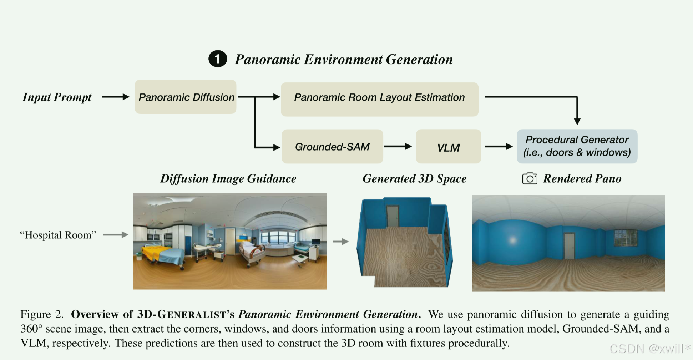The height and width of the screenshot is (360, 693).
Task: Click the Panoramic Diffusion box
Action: (x=186, y=97)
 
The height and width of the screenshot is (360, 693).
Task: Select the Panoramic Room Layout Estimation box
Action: (x=379, y=99)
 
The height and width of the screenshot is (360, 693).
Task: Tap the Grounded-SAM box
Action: (x=332, y=147)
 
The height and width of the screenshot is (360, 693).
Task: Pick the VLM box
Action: (x=448, y=147)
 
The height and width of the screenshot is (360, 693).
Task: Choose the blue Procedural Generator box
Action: (x=577, y=146)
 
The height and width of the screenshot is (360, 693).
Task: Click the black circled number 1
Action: (x=218, y=59)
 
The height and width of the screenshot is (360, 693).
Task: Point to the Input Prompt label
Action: (x=57, y=97)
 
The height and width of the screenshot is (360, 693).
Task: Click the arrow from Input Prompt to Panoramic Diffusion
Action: (x=115, y=97)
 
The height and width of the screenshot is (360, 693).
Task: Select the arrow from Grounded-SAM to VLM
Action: (x=398, y=146)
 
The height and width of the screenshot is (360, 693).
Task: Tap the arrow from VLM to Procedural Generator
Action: (x=499, y=146)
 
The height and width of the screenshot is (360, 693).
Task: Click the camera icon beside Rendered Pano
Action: (x=530, y=178)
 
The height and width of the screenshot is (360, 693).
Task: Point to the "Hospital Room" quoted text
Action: (x=58, y=235)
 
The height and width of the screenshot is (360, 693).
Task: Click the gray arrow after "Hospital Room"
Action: (x=115, y=234)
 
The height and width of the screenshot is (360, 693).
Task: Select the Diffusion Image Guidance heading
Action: (x=228, y=178)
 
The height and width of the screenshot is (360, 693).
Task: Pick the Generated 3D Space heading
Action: (x=414, y=178)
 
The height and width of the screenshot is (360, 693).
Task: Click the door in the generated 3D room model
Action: (x=393, y=216)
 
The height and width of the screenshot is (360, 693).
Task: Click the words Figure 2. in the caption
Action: (x=42, y=314)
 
